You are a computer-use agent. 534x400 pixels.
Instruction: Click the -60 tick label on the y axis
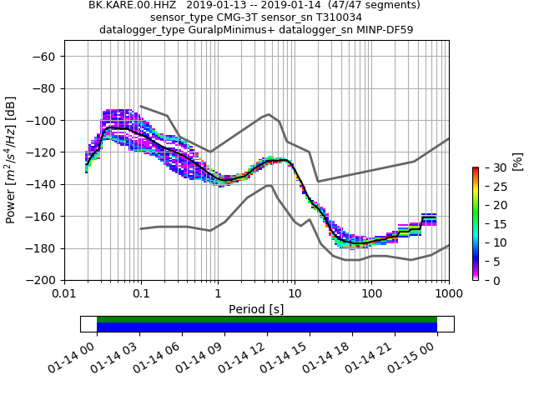45,57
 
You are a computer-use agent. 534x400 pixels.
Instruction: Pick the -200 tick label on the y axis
42,280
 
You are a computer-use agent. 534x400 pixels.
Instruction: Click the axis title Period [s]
256,309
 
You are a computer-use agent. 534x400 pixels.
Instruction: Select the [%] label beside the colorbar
517,160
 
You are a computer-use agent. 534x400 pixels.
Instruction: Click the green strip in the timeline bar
267,319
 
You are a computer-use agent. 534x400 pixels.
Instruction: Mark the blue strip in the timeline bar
267,327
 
